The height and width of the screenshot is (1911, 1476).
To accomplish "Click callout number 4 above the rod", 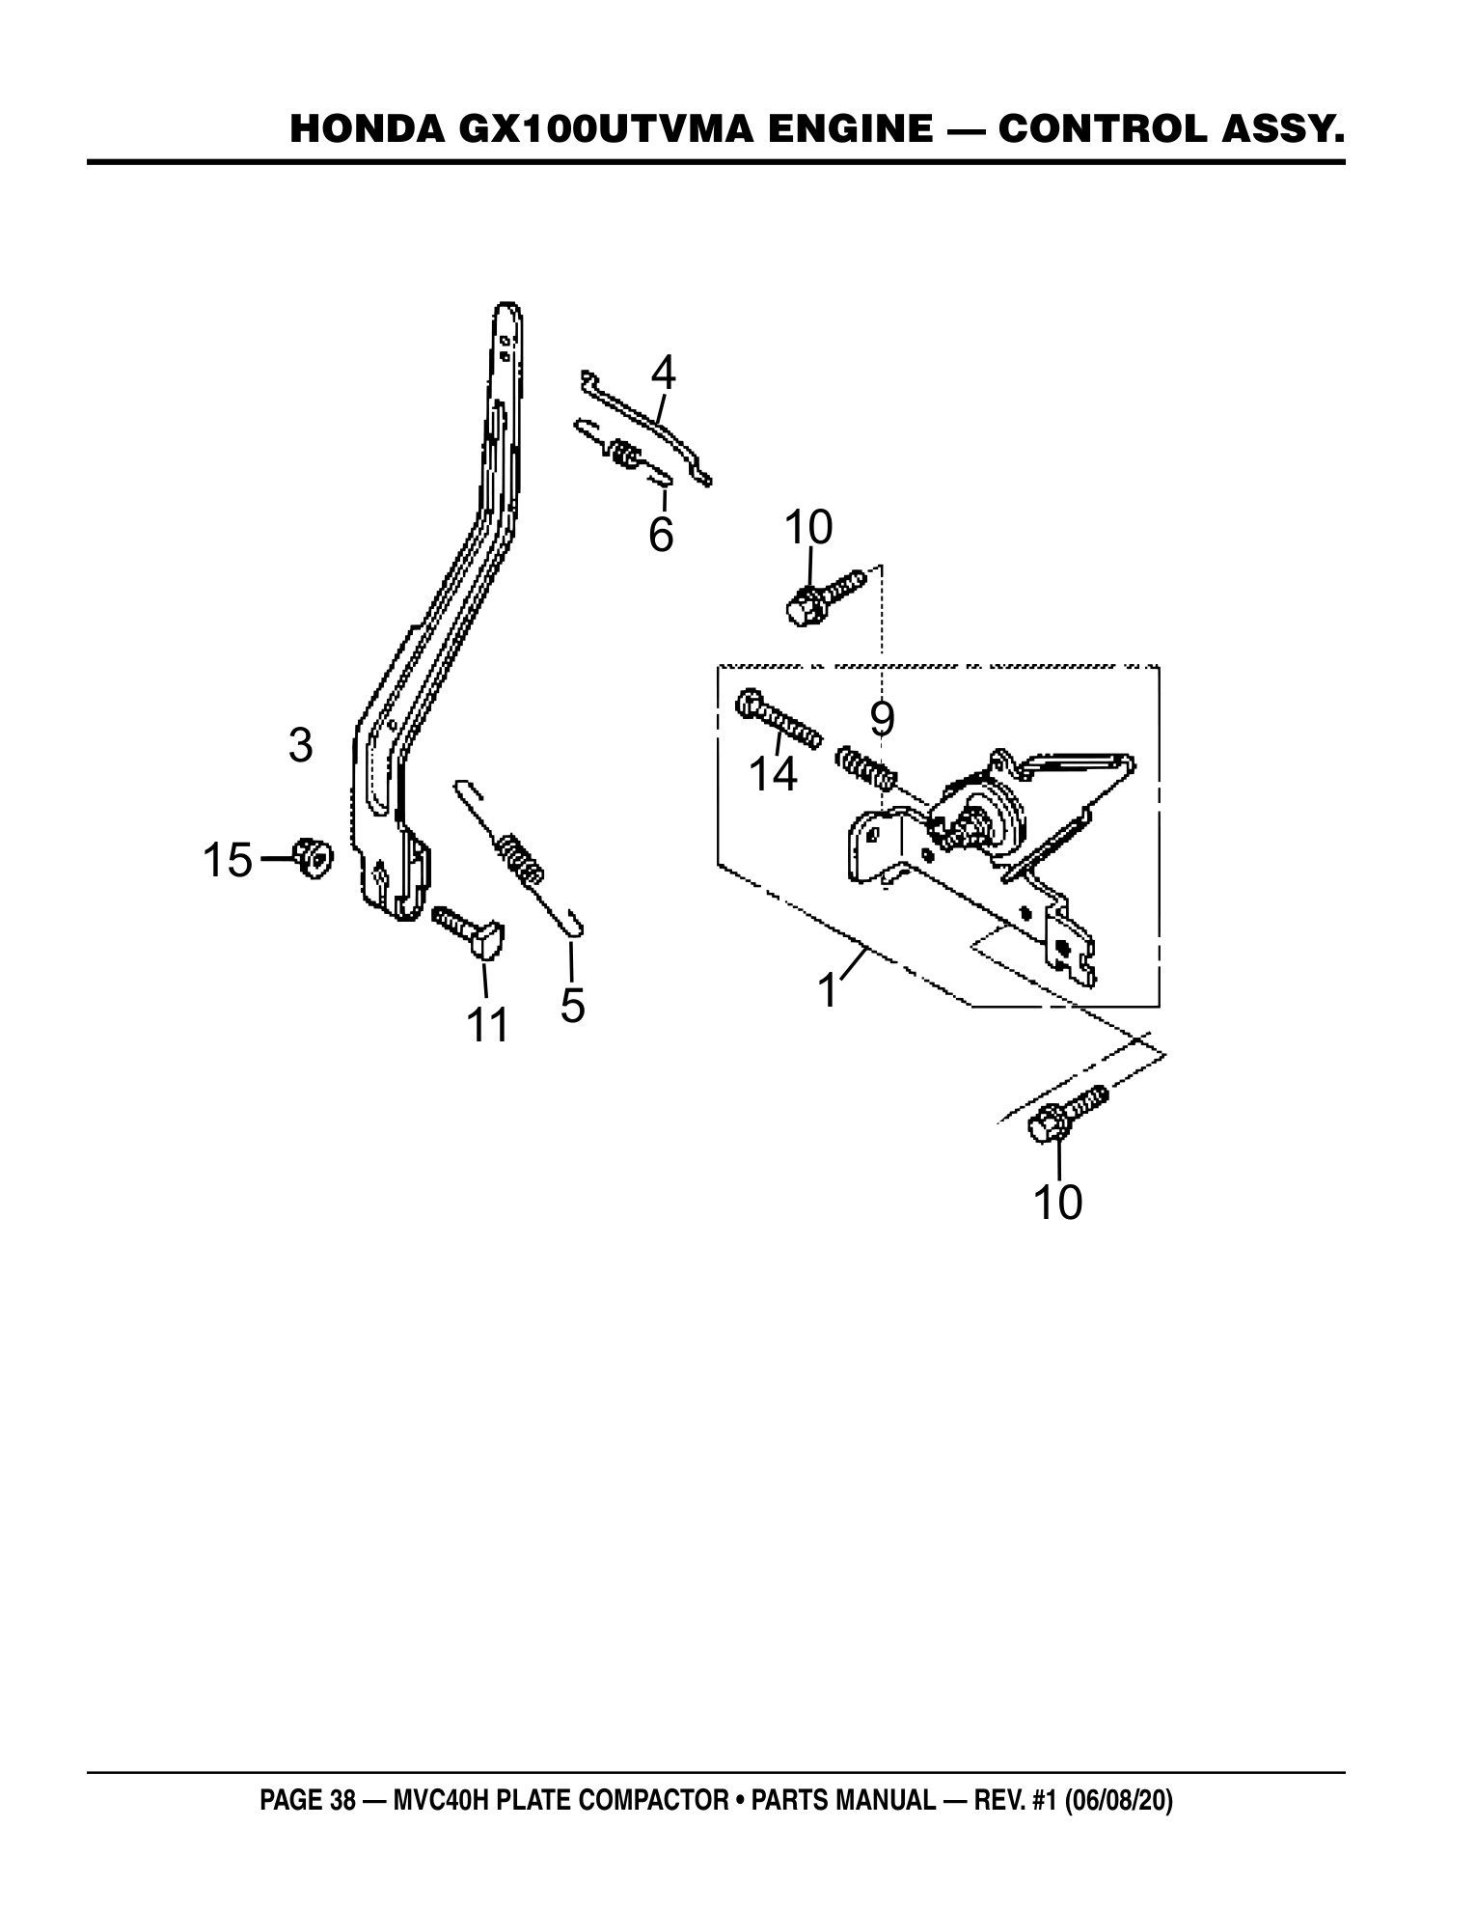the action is [663, 374].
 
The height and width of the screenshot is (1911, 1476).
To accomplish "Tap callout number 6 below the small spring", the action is [661, 534].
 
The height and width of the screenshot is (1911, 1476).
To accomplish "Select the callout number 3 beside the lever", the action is [301, 745].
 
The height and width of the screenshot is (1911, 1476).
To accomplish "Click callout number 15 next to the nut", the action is [228, 860].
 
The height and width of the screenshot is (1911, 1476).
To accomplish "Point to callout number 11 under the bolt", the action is [487, 1025].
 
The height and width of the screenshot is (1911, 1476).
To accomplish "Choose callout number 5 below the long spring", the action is [573, 1006].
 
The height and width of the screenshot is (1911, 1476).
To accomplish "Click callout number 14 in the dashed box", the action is [774, 774].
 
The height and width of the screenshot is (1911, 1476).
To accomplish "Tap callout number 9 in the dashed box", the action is [882, 718].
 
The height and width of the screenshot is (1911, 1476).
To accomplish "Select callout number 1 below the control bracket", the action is [828, 991].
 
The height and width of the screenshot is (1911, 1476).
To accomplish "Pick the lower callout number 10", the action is [1058, 1203].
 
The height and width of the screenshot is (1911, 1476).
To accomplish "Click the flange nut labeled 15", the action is [312, 857].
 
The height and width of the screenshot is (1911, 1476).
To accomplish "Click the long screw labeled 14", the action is [779, 719].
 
